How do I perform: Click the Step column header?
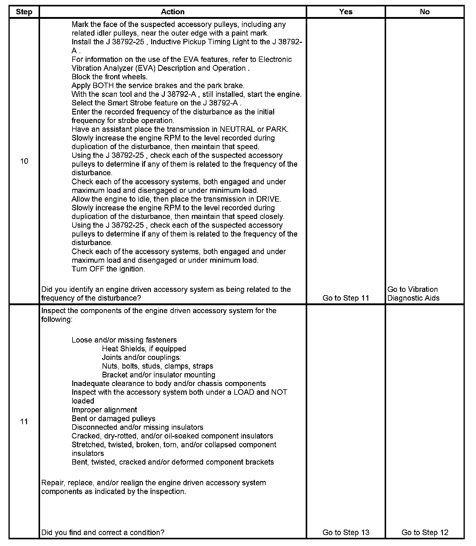24,12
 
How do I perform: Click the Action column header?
172,12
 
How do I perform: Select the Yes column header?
345,12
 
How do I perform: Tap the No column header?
424,12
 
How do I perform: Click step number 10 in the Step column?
24,161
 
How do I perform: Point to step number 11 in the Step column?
24,421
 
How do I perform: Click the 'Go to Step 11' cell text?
345,298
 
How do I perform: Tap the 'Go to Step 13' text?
345,532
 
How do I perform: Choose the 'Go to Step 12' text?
424,532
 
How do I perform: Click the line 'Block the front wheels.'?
109,77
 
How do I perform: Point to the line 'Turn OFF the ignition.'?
108,269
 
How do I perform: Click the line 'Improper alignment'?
104,410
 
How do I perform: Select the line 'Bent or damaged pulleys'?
113,419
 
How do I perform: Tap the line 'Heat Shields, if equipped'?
144,349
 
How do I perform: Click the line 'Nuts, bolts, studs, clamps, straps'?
157,366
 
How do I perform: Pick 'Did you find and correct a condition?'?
103,532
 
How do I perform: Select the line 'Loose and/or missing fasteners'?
124,340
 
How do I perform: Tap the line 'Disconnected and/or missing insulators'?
137,428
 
